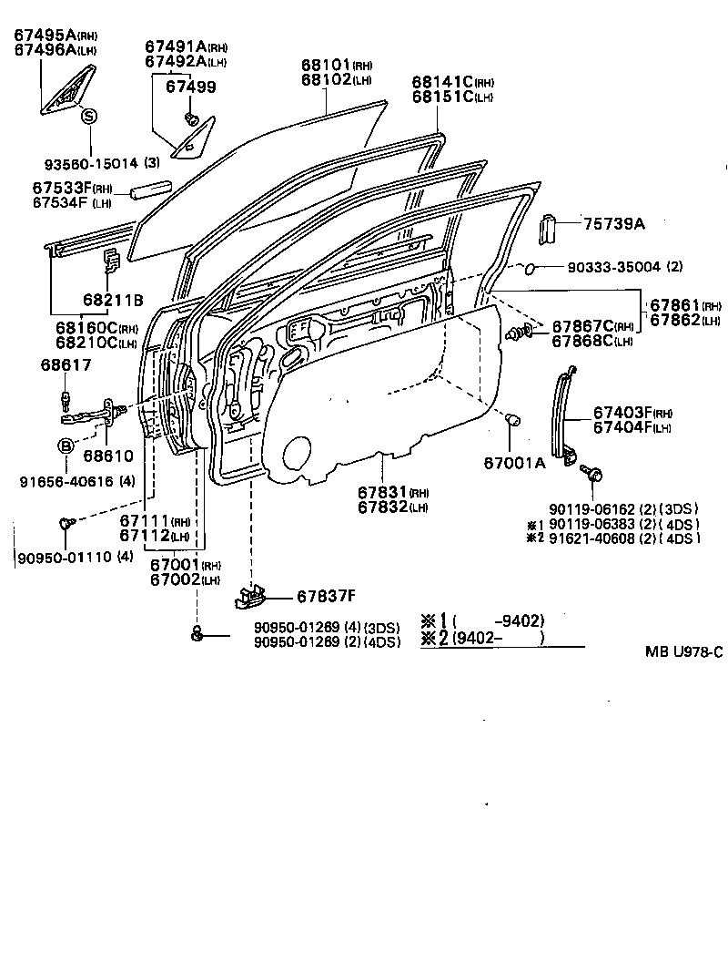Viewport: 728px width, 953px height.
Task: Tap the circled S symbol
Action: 89,116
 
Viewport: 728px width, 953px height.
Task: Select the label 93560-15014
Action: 91,163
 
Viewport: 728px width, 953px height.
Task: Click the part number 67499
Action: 190,87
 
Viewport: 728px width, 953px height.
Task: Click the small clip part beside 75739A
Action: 549,229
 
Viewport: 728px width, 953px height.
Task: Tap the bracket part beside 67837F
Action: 251,596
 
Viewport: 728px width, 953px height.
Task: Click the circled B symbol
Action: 66,446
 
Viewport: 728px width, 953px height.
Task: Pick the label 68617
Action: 66,364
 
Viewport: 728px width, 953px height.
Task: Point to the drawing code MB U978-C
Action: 683,651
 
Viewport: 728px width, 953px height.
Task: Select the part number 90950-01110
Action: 56,557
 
